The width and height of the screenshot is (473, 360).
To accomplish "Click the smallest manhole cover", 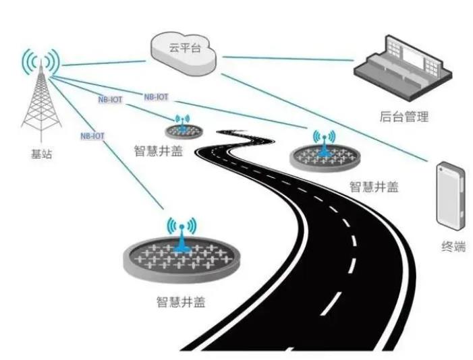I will point(181,129).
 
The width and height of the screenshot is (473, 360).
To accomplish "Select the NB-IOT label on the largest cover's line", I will point(92,136).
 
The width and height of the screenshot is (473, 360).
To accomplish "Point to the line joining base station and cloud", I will point(101,59).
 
